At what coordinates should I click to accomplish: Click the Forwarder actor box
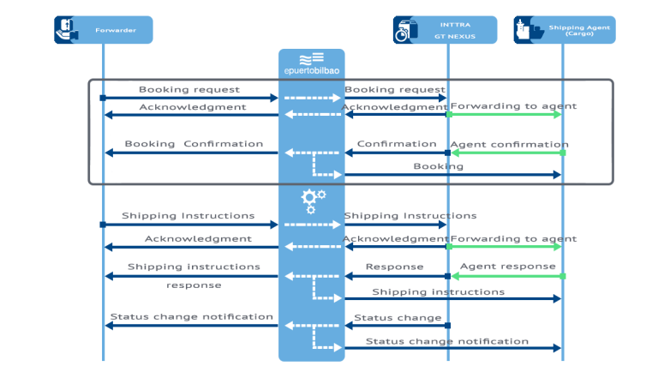tap(103, 30)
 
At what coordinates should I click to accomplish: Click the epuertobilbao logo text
tap(311, 71)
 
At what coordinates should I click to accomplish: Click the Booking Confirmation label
tap(194, 144)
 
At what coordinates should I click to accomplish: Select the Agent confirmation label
tap(508, 144)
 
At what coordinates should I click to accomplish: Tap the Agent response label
tap(508, 267)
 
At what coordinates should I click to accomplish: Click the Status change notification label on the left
tap(192, 316)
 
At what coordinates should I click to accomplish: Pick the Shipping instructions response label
tap(194, 274)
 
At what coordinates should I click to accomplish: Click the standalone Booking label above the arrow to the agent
tap(438, 166)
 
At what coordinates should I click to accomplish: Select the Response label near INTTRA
tap(394, 267)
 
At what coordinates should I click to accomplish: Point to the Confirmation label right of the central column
tap(397, 144)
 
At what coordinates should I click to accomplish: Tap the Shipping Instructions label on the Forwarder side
tap(188, 216)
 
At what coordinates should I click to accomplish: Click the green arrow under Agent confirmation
tap(505, 153)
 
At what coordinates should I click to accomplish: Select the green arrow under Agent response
tap(505, 276)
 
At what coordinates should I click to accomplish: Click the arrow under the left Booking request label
tap(190, 99)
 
